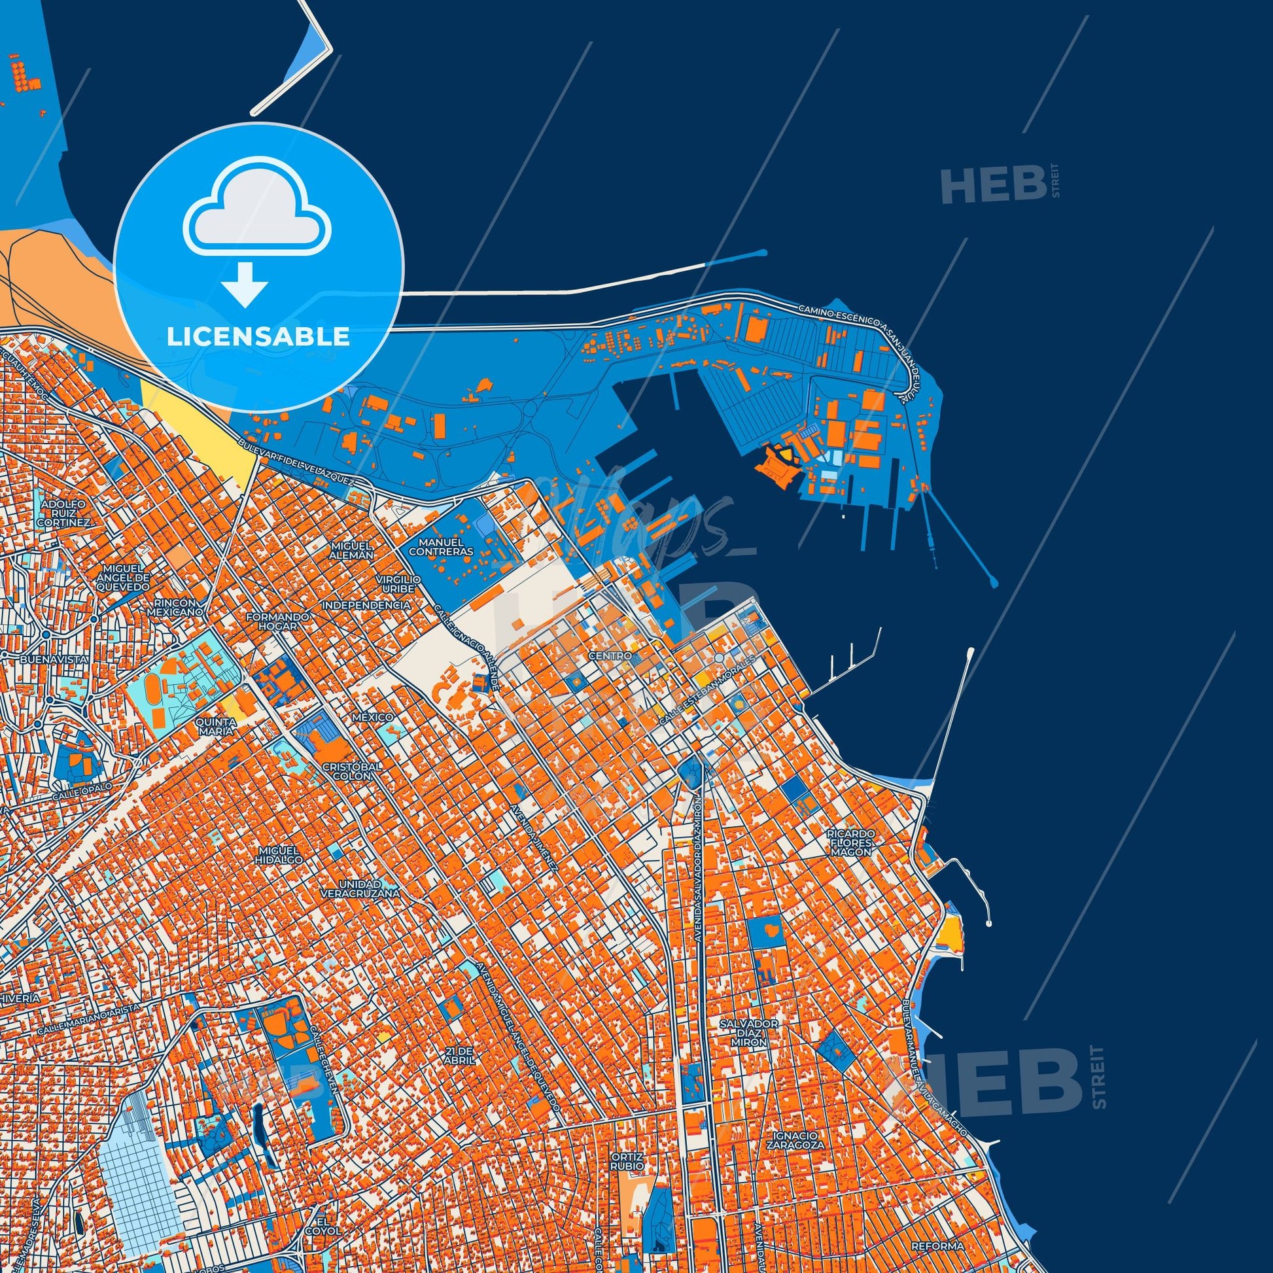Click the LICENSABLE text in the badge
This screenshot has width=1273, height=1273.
[258, 336]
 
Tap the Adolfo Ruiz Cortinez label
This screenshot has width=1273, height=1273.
[65, 514]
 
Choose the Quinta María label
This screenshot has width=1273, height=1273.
[215, 727]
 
